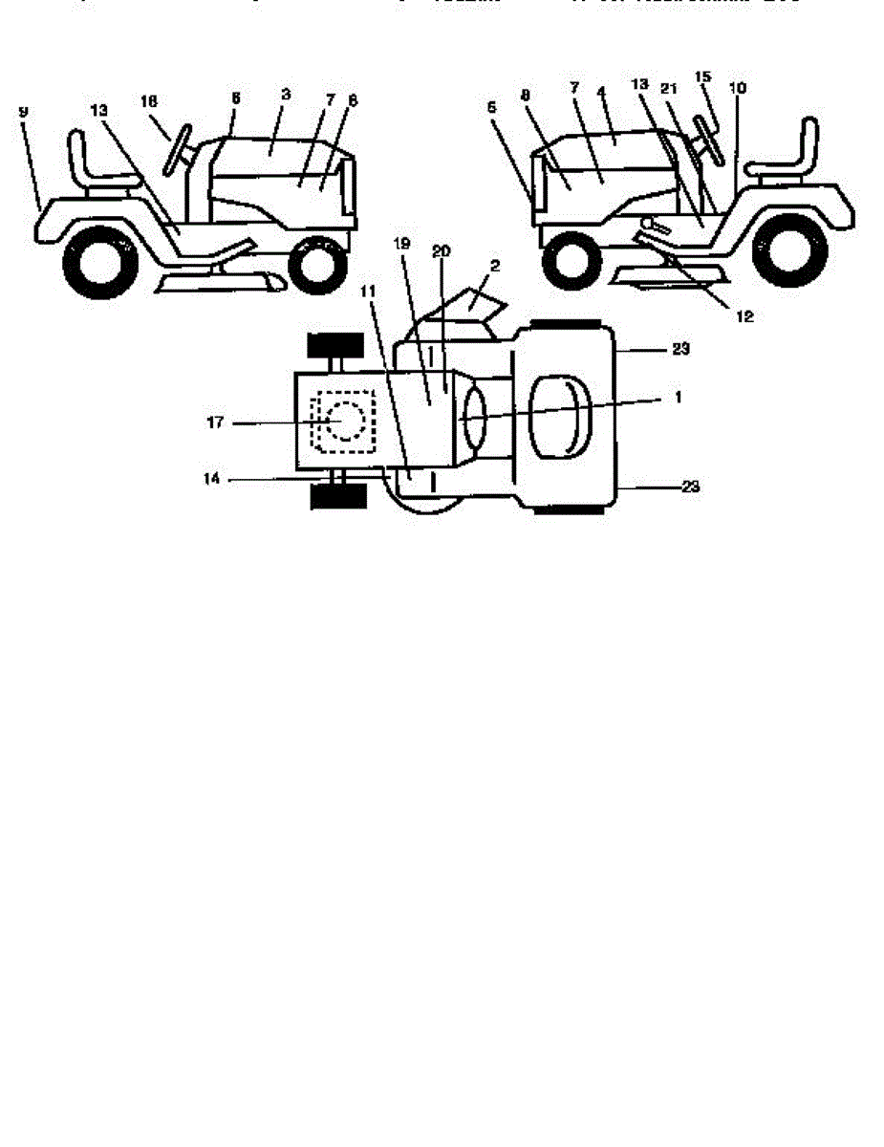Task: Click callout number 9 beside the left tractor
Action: [23, 112]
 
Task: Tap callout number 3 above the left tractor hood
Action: [286, 95]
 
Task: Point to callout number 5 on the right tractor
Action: [491, 107]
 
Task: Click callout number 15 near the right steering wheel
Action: [703, 76]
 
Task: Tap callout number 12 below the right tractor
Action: [744, 317]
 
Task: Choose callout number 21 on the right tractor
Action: [670, 88]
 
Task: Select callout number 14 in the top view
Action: [212, 479]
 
